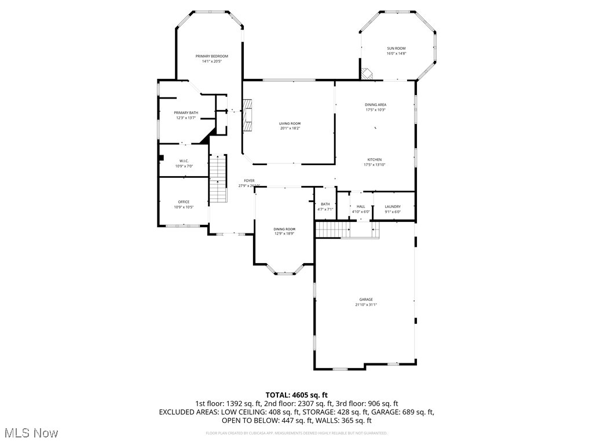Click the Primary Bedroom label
tap(211, 56)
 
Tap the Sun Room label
tap(396, 48)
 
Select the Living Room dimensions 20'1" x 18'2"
tap(290, 129)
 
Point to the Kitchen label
tap(375, 160)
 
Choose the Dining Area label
tap(375, 105)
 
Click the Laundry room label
tap(393, 206)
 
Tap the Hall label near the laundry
tap(361, 206)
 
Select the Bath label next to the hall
tap(325, 204)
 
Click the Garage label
tap(366, 300)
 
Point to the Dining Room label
tap(284, 229)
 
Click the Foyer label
tap(249, 181)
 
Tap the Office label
tap(184, 202)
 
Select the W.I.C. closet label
tap(184, 161)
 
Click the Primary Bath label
tap(186, 113)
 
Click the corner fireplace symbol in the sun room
tap(367, 74)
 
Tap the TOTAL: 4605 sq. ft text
tap(296, 395)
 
